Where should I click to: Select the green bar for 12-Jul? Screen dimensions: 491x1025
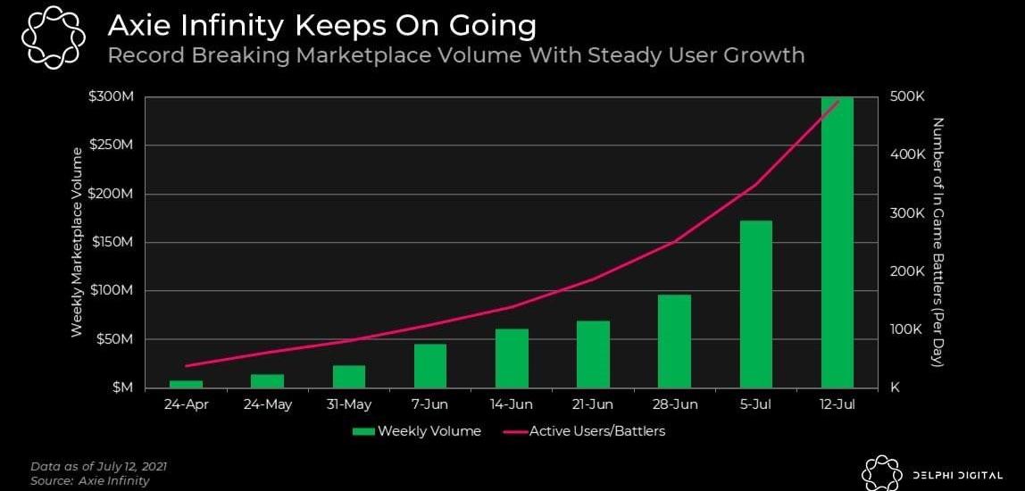[x=837, y=242]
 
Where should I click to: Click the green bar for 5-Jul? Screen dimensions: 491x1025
[x=755, y=304]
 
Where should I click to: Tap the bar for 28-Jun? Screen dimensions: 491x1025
[x=674, y=341]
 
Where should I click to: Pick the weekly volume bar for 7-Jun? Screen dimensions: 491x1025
[x=430, y=365]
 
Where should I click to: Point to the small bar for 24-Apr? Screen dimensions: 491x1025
[x=187, y=384]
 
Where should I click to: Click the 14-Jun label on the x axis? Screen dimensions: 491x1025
[x=512, y=404]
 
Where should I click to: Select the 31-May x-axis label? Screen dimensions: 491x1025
[x=349, y=404]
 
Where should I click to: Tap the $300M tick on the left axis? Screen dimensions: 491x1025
[x=112, y=97]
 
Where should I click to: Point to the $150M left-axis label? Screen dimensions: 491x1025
[x=112, y=243]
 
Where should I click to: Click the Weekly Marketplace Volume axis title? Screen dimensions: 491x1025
[x=78, y=242]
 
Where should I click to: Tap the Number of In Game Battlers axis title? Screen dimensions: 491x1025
[x=938, y=242]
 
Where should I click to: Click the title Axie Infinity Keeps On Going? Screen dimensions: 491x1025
[x=321, y=26]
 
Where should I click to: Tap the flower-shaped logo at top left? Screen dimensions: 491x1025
[x=53, y=35]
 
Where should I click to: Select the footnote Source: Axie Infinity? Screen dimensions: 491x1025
[x=89, y=480]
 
